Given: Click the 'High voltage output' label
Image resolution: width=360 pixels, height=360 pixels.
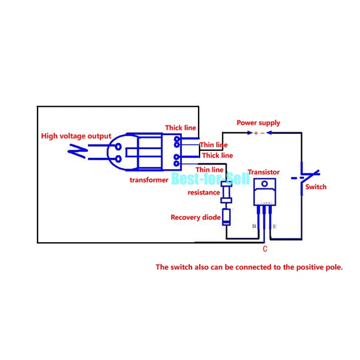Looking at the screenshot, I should (x=76, y=136).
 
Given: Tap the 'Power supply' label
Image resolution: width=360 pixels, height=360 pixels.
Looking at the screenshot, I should (x=258, y=122).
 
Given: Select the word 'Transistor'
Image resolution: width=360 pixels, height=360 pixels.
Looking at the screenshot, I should (x=264, y=172).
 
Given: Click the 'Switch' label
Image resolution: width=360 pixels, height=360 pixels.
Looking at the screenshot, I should (x=316, y=187).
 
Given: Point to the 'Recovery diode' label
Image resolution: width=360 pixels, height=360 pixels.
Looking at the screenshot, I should (x=195, y=217).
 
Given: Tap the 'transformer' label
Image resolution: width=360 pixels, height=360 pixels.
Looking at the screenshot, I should (x=149, y=180).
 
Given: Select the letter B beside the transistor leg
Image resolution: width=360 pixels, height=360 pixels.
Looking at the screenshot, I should (x=254, y=226).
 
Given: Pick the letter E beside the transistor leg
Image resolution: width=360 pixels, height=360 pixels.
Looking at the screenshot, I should (x=274, y=226).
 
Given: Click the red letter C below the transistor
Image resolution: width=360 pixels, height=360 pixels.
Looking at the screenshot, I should (x=265, y=248).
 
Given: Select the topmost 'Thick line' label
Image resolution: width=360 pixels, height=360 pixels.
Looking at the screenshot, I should (x=180, y=128).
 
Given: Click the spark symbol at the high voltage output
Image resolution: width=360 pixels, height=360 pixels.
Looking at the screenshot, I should (x=77, y=152).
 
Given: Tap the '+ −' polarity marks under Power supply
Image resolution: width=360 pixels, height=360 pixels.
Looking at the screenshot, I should (x=259, y=133).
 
